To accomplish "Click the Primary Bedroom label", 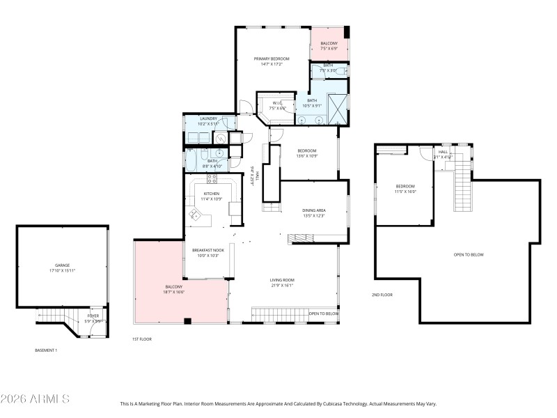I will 272,60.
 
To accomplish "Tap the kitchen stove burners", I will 211,183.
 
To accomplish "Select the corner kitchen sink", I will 194,215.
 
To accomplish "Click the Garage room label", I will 63,265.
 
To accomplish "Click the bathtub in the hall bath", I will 191,159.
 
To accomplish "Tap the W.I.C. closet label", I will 277,103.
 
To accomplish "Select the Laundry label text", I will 209,118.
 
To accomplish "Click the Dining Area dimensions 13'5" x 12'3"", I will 314,215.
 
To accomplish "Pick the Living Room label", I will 283,280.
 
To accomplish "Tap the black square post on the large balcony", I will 187,320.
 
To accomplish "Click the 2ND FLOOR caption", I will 382,295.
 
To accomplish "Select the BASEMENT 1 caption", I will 46,350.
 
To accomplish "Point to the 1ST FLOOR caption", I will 142,339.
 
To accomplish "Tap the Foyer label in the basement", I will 93,316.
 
